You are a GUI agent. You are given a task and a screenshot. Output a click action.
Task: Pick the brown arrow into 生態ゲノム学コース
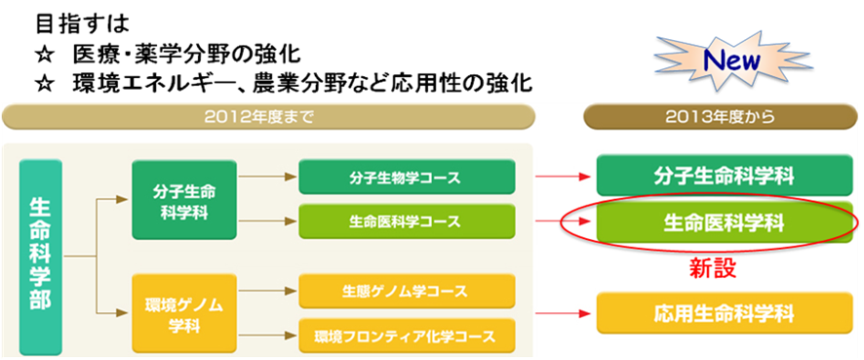pos(265,292)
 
